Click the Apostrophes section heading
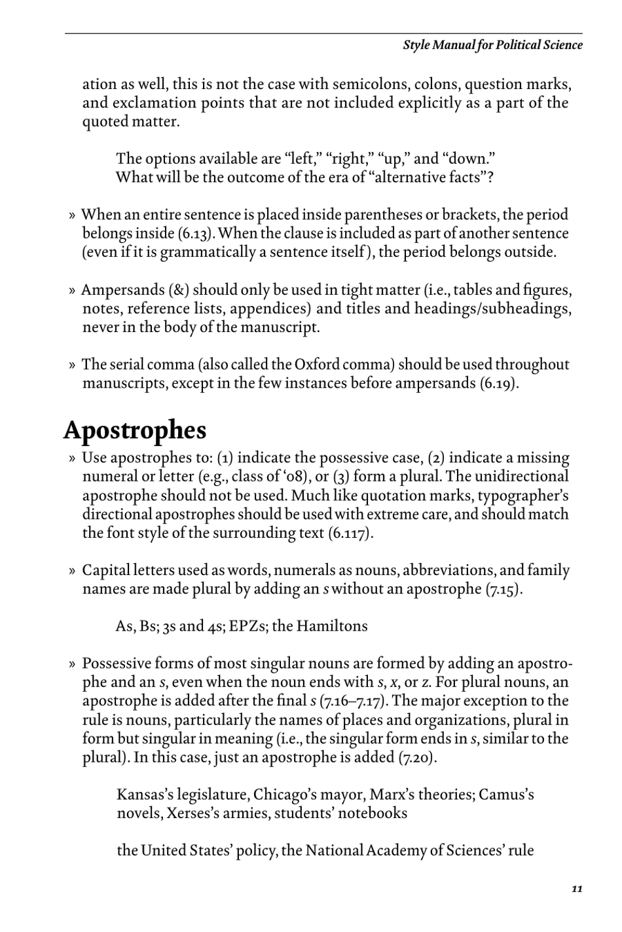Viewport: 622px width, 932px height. pos(135,430)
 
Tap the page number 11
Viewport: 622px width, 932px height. pos(576,889)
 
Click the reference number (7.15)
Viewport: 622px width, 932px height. pos(503,589)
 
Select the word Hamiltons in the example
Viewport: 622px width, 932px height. pos(332,626)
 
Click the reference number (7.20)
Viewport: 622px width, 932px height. pos(417,758)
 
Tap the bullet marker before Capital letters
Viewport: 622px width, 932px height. pos(72,571)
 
